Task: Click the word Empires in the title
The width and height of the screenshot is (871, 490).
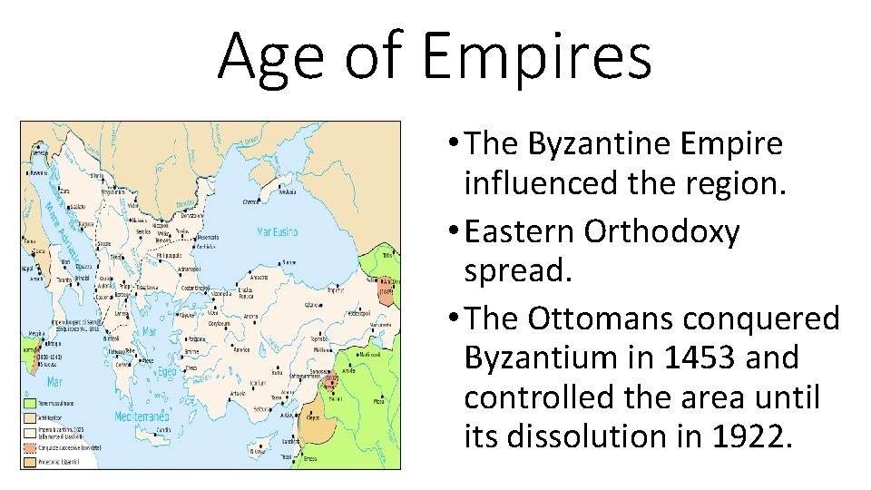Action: coord(537,56)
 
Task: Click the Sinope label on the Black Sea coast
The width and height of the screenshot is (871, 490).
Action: coord(289,261)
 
